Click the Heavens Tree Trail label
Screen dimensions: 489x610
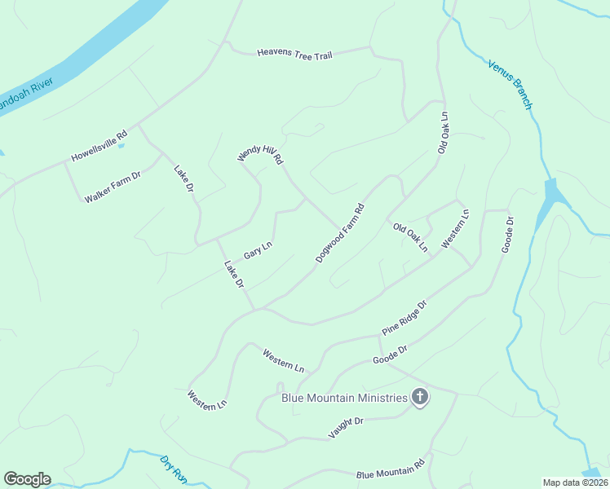(x=294, y=54)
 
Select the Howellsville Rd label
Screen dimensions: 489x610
(x=99, y=146)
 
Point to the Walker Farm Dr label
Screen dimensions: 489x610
(x=113, y=187)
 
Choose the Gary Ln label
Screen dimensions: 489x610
(x=257, y=250)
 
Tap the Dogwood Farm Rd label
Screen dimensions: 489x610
(x=339, y=233)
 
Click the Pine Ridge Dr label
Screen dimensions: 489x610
(x=404, y=318)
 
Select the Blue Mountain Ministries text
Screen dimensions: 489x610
(x=344, y=398)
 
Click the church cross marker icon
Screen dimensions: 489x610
(x=420, y=398)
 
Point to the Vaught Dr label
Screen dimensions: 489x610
(x=345, y=428)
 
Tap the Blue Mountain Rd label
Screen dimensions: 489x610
(x=391, y=469)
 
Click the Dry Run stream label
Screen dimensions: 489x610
(x=172, y=469)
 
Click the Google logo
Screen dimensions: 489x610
(x=27, y=479)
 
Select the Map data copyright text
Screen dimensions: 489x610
(x=574, y=482)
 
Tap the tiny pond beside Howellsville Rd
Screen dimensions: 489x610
(x=122, y=147)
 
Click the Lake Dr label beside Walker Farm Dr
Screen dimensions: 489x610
(x=183, y=178)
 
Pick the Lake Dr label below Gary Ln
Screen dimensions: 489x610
(x=235, y=274)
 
